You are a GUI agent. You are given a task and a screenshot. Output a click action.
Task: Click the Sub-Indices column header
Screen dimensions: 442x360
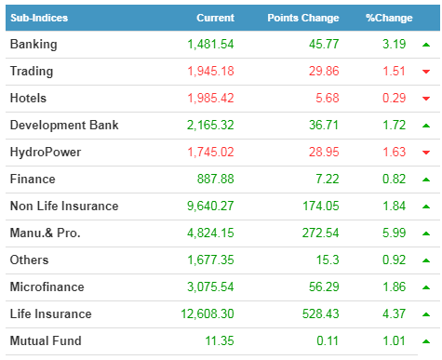tap(39, 18)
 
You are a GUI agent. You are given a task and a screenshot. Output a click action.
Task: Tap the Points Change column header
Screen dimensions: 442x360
tap(303, 18)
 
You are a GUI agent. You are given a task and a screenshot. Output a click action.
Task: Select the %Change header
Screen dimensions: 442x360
tap(389, 18)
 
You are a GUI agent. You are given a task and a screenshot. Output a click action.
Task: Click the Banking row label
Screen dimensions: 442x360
tap(33, 45)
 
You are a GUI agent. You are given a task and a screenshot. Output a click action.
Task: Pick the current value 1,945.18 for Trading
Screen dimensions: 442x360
tap(210, 71)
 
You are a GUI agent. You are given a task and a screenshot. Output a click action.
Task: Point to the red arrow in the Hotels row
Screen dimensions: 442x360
tap(426, 99)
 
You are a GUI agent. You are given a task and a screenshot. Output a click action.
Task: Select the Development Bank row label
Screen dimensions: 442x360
tap(64, 125)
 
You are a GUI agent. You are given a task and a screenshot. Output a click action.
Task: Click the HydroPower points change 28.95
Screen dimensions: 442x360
tap(324, 152)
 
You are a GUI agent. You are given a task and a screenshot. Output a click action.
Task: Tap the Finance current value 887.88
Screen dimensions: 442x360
tap(216, 179)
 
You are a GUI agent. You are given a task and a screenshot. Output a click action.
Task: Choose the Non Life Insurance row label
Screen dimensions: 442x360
tap(64, 206)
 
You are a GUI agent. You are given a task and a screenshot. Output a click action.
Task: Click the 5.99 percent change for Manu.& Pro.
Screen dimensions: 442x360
tap(394, 233)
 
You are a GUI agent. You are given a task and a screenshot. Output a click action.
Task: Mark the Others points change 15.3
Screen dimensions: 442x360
tap(328, 260)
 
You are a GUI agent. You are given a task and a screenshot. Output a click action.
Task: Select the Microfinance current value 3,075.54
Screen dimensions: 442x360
tap(210, 287)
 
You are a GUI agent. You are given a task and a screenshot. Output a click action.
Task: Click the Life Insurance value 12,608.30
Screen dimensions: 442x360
tap(208, 313)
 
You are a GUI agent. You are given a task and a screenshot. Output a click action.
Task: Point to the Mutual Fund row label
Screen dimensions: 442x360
tap(46, 340)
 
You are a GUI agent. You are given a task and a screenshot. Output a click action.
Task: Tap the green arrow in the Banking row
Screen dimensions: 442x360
tap(426, 45)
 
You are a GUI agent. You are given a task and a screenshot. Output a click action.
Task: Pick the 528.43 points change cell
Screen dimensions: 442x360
tap(321, 313)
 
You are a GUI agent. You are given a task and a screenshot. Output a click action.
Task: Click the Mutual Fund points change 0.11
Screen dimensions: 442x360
tap(328, 340)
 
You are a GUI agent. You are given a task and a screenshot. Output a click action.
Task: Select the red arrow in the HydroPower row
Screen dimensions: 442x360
tap(426, 153)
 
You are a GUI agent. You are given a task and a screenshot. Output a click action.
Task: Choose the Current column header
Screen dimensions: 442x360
tap(215, 18)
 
